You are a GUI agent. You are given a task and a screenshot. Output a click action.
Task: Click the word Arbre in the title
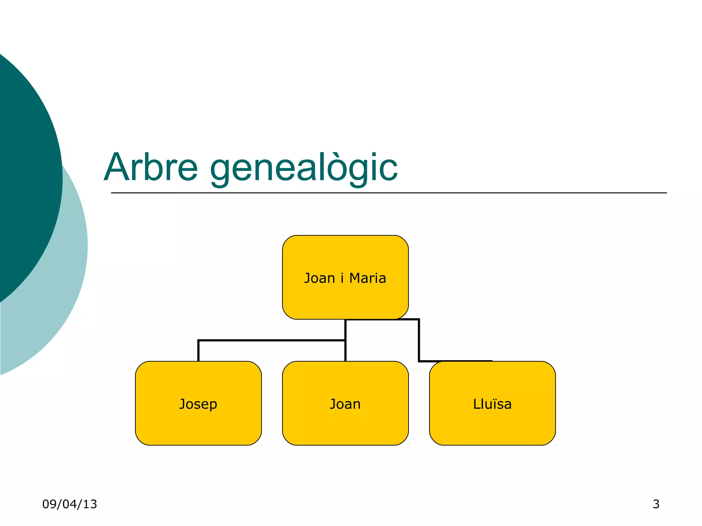click(x=151, y=167)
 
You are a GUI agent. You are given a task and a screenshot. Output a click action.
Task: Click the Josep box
click(x=198, y=425)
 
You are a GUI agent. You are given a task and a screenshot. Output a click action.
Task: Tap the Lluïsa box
click(x=492, y=425)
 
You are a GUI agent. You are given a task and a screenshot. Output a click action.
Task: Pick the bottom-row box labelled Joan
click(x=345, y=425)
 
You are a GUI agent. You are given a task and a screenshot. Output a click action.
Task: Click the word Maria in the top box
click(x=367, y=278)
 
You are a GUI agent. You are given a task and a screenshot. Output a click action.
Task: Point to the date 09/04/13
click(x=70, y=504)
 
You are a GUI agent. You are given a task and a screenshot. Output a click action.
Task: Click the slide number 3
click(x=656, y=504)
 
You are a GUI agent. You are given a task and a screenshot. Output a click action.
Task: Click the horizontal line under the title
click(x=389, y=193)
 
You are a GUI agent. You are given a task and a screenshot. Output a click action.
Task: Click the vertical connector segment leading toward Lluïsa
click(x=419, y=341)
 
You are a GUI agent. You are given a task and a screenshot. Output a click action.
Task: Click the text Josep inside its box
click(x=198, y=404)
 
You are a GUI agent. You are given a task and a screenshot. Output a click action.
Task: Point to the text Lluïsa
click(x=492, y=404)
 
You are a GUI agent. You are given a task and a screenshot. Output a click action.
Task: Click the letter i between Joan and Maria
click(x=342, y=278)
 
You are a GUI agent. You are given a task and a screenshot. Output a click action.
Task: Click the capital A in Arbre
click(x=118, y=167)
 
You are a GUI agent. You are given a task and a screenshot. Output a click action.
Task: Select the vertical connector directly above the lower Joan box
click(x=345, y=351)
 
